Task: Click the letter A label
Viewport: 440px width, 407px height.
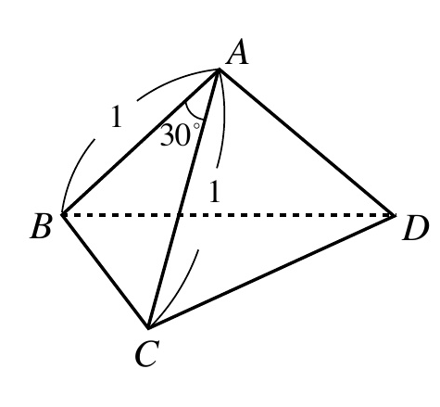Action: pos(237,54)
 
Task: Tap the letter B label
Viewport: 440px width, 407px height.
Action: pos(40,227)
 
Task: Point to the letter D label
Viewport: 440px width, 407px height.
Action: pos(416,228)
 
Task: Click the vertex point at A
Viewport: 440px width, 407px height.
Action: pos(219,70)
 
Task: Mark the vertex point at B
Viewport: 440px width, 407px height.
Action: pos(62,214)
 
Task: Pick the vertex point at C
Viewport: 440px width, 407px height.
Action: pos(148,327)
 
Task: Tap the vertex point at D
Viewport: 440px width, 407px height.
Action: pos(395,215)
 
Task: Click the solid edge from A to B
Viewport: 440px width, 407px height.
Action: pos(141,142)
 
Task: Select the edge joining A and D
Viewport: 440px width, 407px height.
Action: pos(307,142)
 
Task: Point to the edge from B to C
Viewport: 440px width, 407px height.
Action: pos(106,271)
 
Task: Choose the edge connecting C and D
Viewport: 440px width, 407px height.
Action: pos(271,271)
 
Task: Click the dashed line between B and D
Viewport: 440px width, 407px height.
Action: pos(229,215)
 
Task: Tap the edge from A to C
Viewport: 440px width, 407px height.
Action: pos(183,198)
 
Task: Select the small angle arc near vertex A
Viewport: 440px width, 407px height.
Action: pos(193,114)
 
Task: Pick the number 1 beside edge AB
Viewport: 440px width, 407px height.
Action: pos(117,117)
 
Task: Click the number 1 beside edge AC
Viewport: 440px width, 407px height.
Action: pos(215,192)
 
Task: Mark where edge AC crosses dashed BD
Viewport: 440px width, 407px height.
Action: pos(179,215)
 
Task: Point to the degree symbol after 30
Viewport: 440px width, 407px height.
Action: pos(196,126)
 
